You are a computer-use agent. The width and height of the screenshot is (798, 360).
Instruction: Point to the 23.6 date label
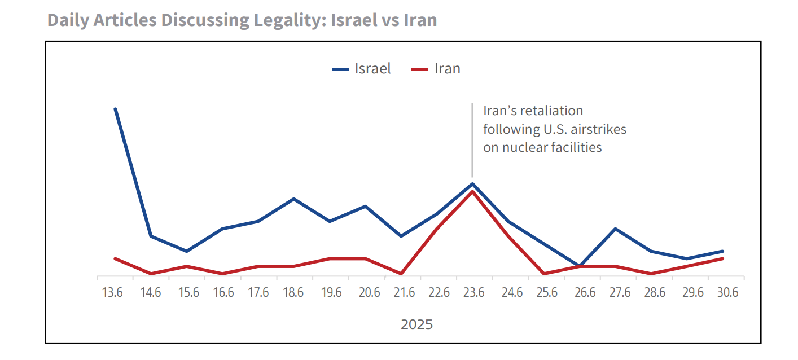(x=474, y=292)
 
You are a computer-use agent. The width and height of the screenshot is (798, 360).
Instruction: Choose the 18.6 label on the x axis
(x=293, y=292)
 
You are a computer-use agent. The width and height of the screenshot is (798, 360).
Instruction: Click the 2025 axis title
(x=417, y=324)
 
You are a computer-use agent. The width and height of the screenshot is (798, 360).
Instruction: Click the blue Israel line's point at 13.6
(x=115, y=109)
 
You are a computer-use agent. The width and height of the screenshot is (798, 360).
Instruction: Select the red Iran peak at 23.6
(x=472, y=192)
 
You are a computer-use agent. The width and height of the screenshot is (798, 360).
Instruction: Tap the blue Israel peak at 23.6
(x=472, y=183)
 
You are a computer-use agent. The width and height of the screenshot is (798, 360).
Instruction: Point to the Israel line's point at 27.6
(x=615, y=229)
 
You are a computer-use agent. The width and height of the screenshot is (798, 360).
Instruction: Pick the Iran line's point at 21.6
(x=401, y=274)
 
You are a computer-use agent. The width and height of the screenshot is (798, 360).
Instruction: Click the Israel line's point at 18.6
(x=293, y=199)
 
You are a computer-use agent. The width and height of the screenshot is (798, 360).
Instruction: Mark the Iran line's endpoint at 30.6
(x=723, y=258)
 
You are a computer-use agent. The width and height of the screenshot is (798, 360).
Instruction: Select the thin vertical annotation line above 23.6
(x=472, y=141)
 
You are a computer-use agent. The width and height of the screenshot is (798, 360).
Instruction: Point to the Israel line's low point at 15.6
(x=187, y=251)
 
